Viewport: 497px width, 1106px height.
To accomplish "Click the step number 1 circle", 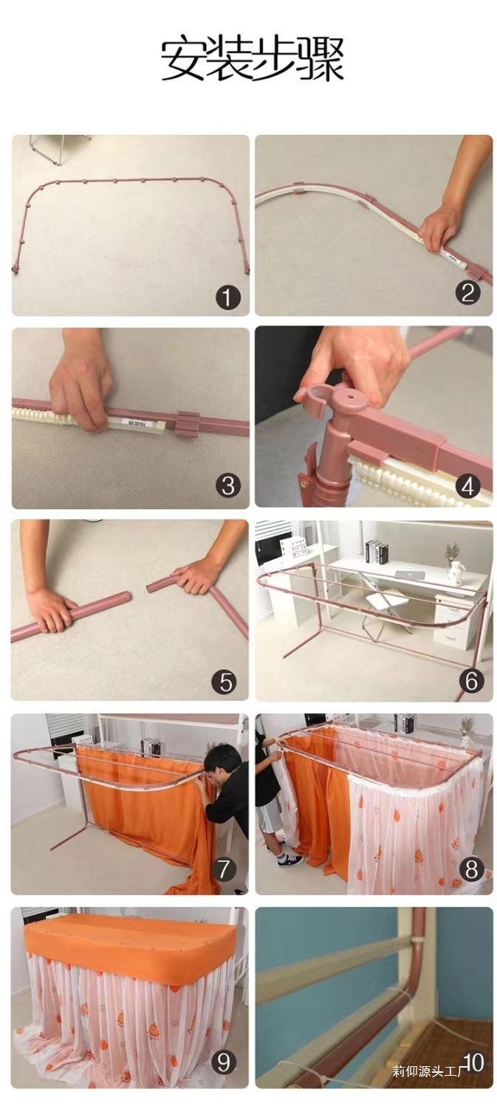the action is [x=227, y=298].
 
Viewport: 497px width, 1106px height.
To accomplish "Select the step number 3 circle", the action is [x=227, y=485].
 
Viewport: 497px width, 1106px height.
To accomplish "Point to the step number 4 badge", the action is [x=468, y=486].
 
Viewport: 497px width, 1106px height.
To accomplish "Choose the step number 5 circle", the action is [x=224, y=681].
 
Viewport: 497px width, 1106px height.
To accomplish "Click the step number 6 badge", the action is [x=471, y=681].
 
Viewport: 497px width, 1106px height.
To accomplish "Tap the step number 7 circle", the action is [x=224, y=868].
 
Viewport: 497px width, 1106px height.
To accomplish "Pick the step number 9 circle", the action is [x=224, y=1062].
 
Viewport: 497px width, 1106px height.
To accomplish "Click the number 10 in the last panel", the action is [x=473, y=1062].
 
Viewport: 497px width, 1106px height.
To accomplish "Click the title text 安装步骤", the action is [x=252, y=59].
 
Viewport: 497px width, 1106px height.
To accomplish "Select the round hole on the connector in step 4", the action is [x=352, y=396].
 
